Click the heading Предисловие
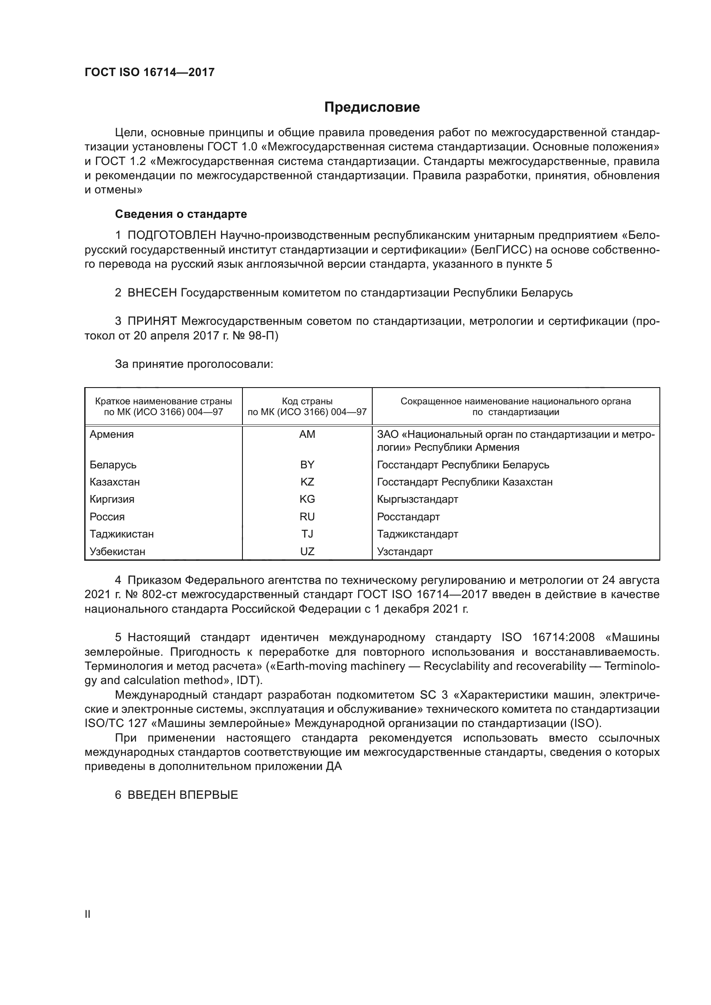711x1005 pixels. coord(372,107)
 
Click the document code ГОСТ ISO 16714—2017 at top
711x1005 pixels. coord(149,73)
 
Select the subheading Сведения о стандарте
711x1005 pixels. coord(181,214)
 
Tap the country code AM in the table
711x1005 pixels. coord(307,434)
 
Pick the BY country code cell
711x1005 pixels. coord(307,464)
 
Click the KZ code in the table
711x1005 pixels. coord(307,482)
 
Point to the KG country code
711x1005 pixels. coord(307,499)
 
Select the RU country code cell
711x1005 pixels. coord(307,516)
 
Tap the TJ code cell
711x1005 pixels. coord(307,534)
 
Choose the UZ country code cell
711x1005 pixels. coord(307,552)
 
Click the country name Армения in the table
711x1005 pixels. coord(112,434)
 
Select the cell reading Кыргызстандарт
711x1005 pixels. coord(417,499)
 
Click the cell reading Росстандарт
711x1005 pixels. coord(408,516)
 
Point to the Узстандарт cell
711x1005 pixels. coord(405,552)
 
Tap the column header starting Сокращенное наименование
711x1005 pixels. coord(515,406)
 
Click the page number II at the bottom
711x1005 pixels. coord(88,914)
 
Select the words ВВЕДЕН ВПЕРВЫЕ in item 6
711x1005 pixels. coord(183,795)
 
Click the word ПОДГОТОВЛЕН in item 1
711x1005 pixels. coord(172,235)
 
